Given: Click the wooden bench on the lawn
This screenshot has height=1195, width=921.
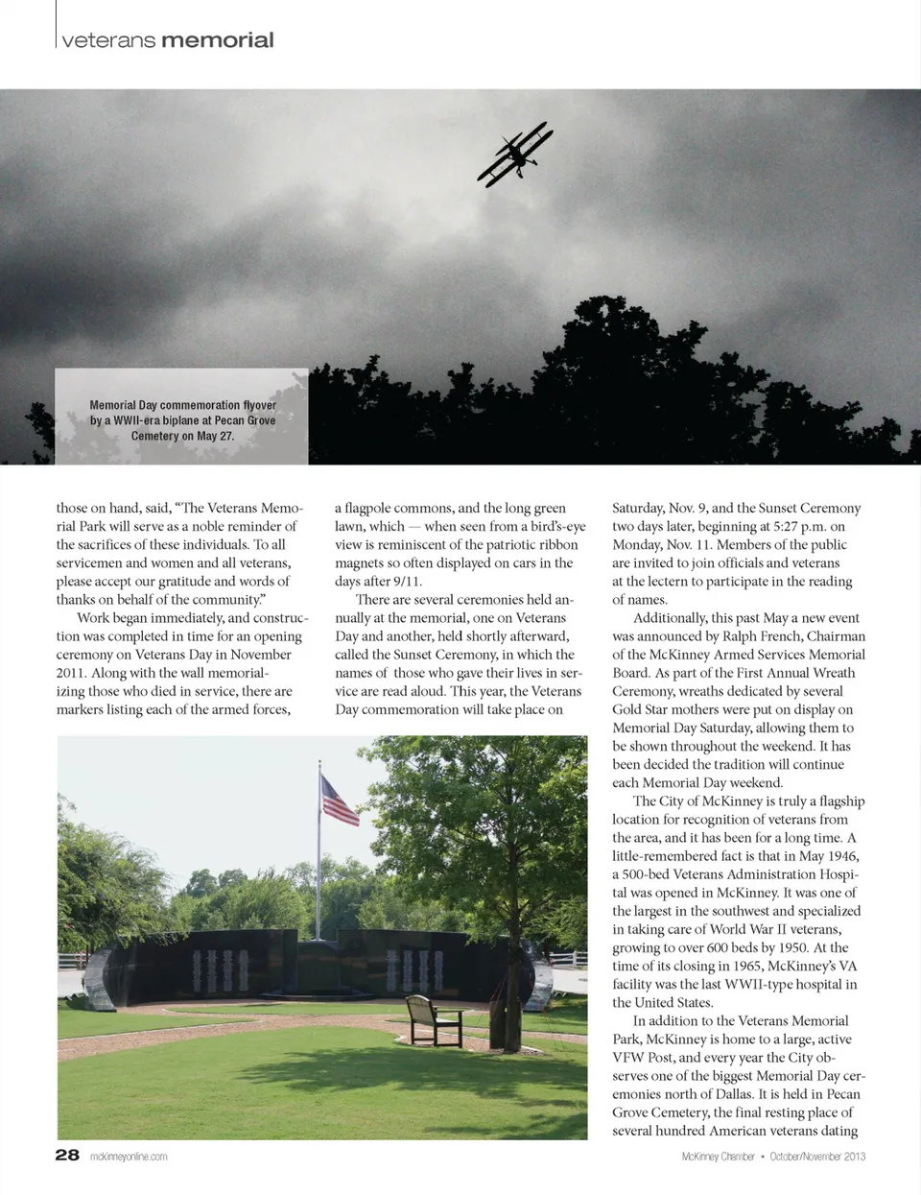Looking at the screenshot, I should [x=434, y=1018].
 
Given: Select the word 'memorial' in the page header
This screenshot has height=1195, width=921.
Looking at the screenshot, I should [x=218, y=40].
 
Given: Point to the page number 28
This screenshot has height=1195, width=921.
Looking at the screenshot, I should [x=67, y=1155].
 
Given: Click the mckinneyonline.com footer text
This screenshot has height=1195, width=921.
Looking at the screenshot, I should [x=129, y=1157].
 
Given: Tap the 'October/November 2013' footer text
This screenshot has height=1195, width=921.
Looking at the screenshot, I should [x=817, y=1157].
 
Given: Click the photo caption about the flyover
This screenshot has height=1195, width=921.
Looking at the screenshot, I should [x=182, y=420].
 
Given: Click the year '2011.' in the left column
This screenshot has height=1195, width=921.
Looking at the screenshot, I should [x=72, y=673].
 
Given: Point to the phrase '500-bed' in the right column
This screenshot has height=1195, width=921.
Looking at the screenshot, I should [x=652, y=874].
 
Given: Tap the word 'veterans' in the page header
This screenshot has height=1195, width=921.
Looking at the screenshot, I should [x=107, y=40].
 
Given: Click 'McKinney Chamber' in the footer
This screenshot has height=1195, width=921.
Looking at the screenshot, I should [x=718, y=1157].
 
